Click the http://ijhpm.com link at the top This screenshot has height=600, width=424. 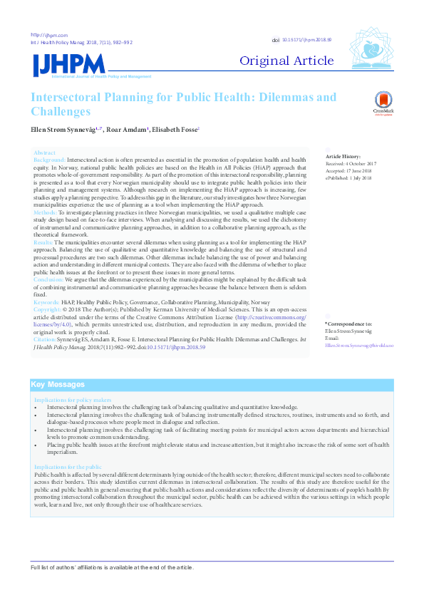click(49, 35)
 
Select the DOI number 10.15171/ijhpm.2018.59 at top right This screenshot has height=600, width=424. click(308, 40)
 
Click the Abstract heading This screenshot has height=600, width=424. click(44, 153)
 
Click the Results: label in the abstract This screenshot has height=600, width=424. click(44, 242)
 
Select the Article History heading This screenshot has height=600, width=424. click(343, 156)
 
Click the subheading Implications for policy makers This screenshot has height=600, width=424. click(73, 401)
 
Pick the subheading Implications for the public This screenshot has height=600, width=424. click(70, 466)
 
